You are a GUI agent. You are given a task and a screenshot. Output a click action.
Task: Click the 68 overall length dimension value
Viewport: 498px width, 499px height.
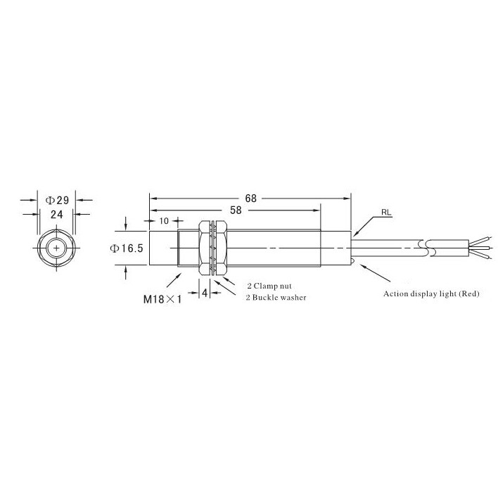pos(250,198)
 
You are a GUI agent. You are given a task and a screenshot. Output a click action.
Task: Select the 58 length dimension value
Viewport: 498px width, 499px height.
pos(236,210)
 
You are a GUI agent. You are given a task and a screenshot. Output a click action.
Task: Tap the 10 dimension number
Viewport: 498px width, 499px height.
pos(164,221)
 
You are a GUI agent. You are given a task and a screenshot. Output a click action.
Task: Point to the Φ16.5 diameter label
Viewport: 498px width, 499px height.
pos(126,248)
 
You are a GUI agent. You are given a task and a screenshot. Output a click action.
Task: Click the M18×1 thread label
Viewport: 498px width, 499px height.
pos(162,299)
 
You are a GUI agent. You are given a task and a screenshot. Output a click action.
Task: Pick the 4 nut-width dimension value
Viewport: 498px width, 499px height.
pos(205,293)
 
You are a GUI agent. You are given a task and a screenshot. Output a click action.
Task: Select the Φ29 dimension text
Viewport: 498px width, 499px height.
pos(57,200)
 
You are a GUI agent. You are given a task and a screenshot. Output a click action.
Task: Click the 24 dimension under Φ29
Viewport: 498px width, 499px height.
pos(56,215)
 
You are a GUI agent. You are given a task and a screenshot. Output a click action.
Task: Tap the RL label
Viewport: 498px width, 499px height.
pos(386,213)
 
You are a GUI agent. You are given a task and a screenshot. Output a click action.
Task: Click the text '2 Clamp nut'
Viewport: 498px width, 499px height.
pos(269,286)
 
